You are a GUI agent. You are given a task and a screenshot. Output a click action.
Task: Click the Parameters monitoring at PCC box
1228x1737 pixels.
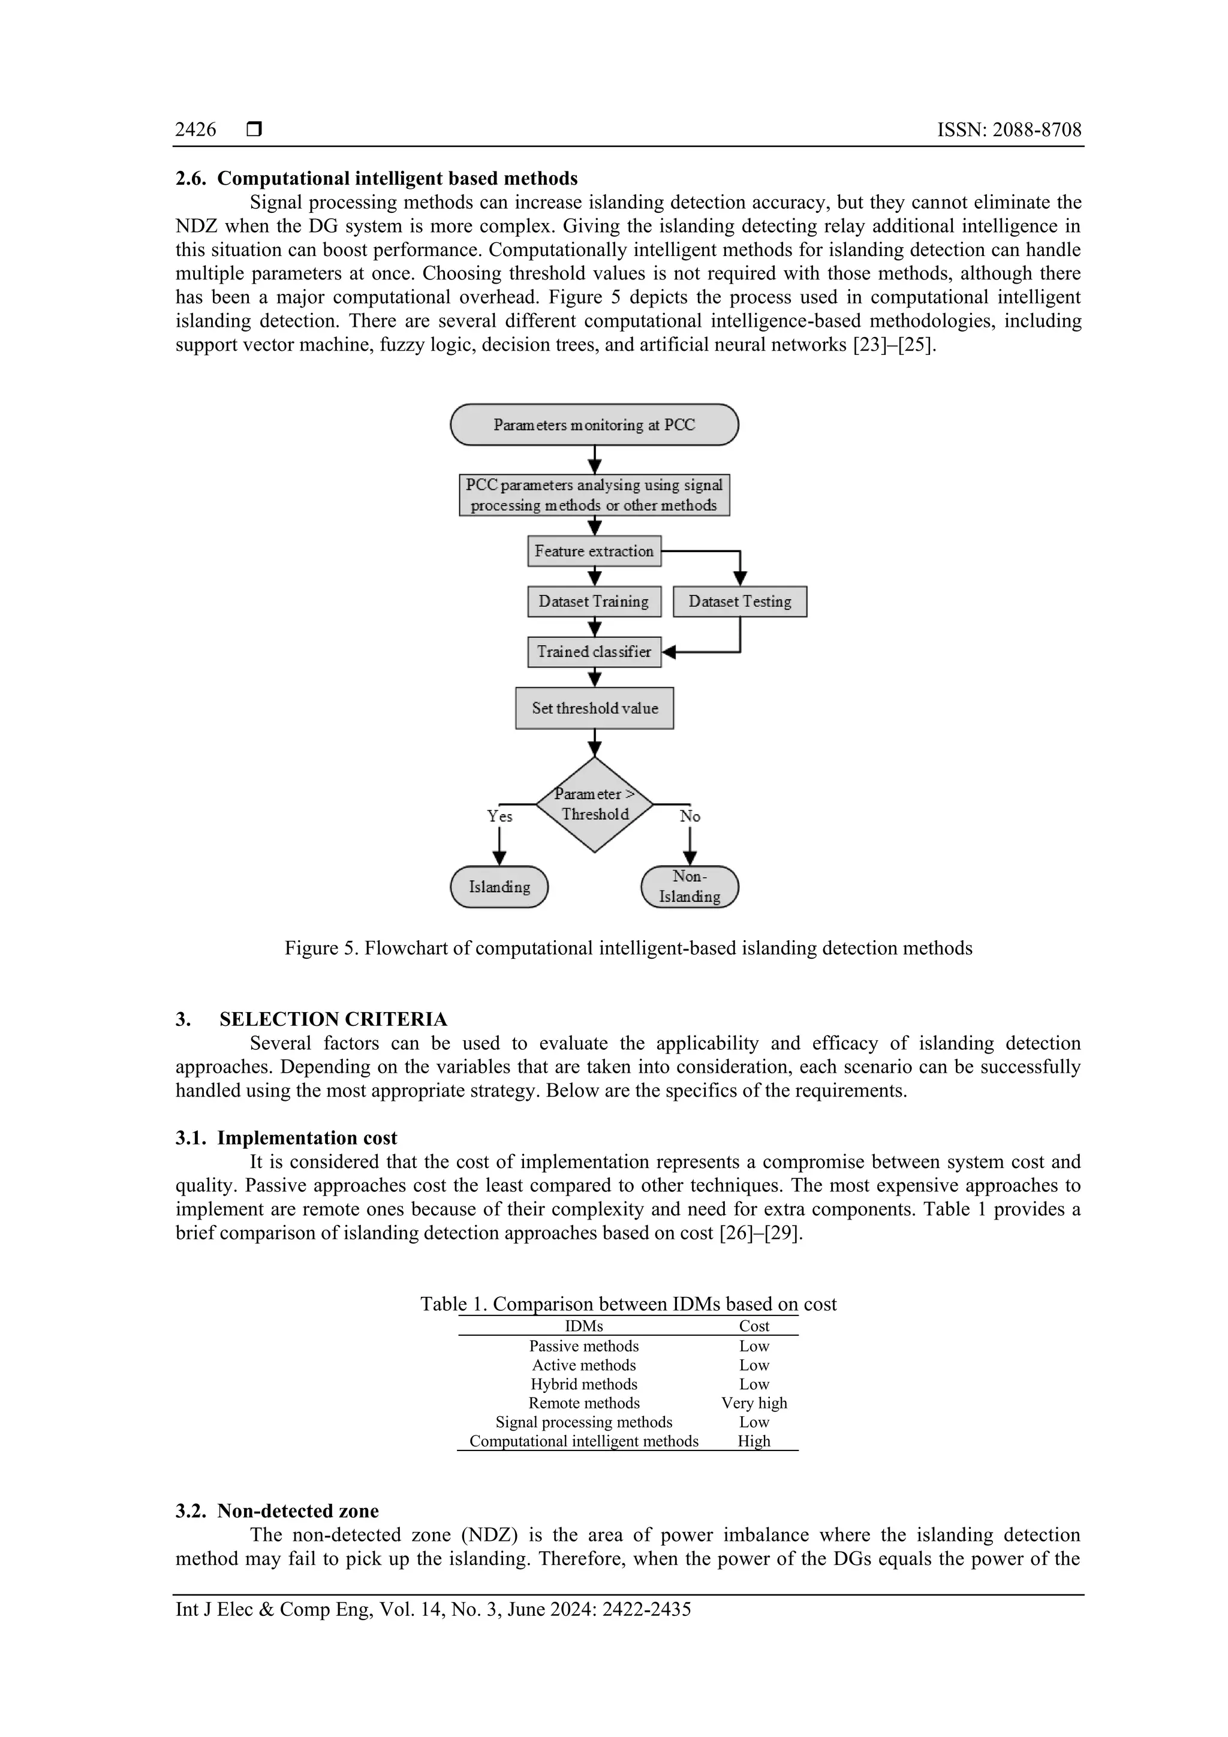[x=594, y=425]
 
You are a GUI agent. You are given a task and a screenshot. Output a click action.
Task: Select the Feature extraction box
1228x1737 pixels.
[x=594, y=551]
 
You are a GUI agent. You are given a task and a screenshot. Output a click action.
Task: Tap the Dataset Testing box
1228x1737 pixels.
[x=739, y=601]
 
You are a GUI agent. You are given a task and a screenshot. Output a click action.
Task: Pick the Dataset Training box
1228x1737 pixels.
[x=594, y=601]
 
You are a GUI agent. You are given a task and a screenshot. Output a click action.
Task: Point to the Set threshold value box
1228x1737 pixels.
[x=594, y=708]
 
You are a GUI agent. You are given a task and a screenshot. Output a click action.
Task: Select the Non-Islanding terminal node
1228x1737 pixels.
[x=690, y=887]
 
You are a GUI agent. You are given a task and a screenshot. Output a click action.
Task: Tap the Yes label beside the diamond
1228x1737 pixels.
[x=499, y=816]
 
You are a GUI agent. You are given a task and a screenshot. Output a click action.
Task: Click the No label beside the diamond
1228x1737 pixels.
[x=690, y=816]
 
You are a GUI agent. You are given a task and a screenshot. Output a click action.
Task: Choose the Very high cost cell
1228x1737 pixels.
[x=754, y=1404]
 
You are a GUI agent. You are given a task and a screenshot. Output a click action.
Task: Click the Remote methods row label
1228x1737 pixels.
[x=583, y=1404]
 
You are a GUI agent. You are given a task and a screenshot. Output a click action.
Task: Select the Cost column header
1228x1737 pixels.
[x=754, y=1326]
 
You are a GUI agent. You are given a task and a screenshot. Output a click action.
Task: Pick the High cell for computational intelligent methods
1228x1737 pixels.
[x=754, y=1441]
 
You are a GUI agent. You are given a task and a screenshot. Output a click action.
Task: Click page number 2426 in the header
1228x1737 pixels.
[x=195, y=130]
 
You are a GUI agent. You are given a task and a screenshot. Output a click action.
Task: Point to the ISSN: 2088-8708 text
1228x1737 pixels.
[x=1009, y=130]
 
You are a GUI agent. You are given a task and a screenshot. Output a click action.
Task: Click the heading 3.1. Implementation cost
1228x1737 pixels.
[x=286, y=1138]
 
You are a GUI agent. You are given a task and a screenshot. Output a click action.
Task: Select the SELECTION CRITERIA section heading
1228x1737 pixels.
[x=333, y=1019]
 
